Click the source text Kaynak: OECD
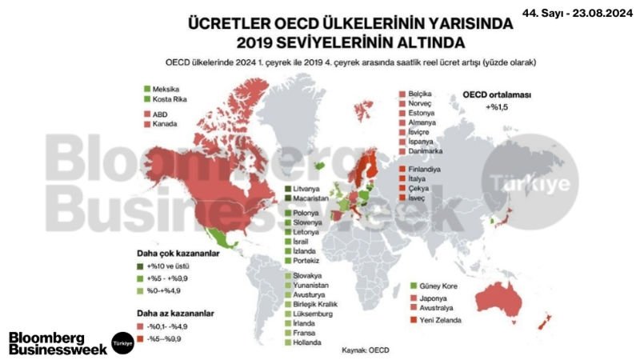pos(366,350)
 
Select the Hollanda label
pos(309,342)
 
